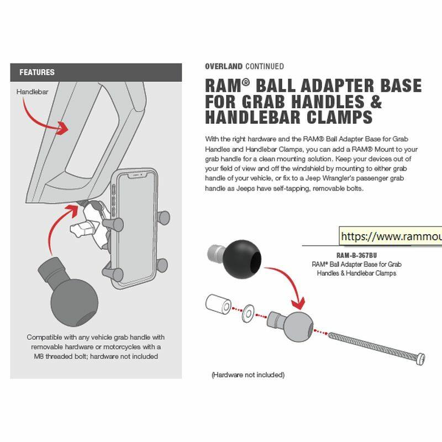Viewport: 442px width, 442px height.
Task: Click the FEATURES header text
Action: [x=37, y=72]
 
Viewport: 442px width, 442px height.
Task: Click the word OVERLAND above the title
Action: [x=223, y=66]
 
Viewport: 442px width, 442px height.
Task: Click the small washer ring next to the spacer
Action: [x=248, y=314]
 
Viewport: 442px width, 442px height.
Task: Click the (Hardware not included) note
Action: [x=248, y=375]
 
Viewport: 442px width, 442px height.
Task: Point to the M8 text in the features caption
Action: [x=39, y=356]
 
